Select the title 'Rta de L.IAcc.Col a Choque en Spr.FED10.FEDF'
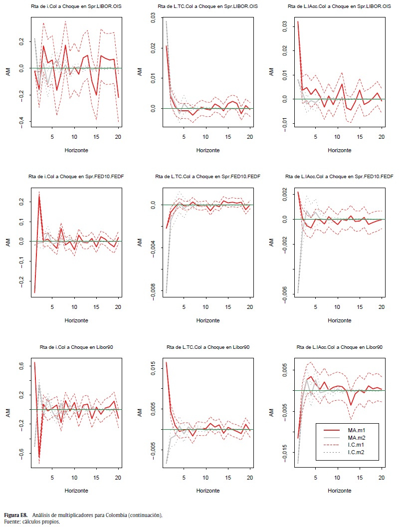pos(339,176)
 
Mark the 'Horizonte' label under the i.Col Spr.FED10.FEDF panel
pos(76,320)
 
